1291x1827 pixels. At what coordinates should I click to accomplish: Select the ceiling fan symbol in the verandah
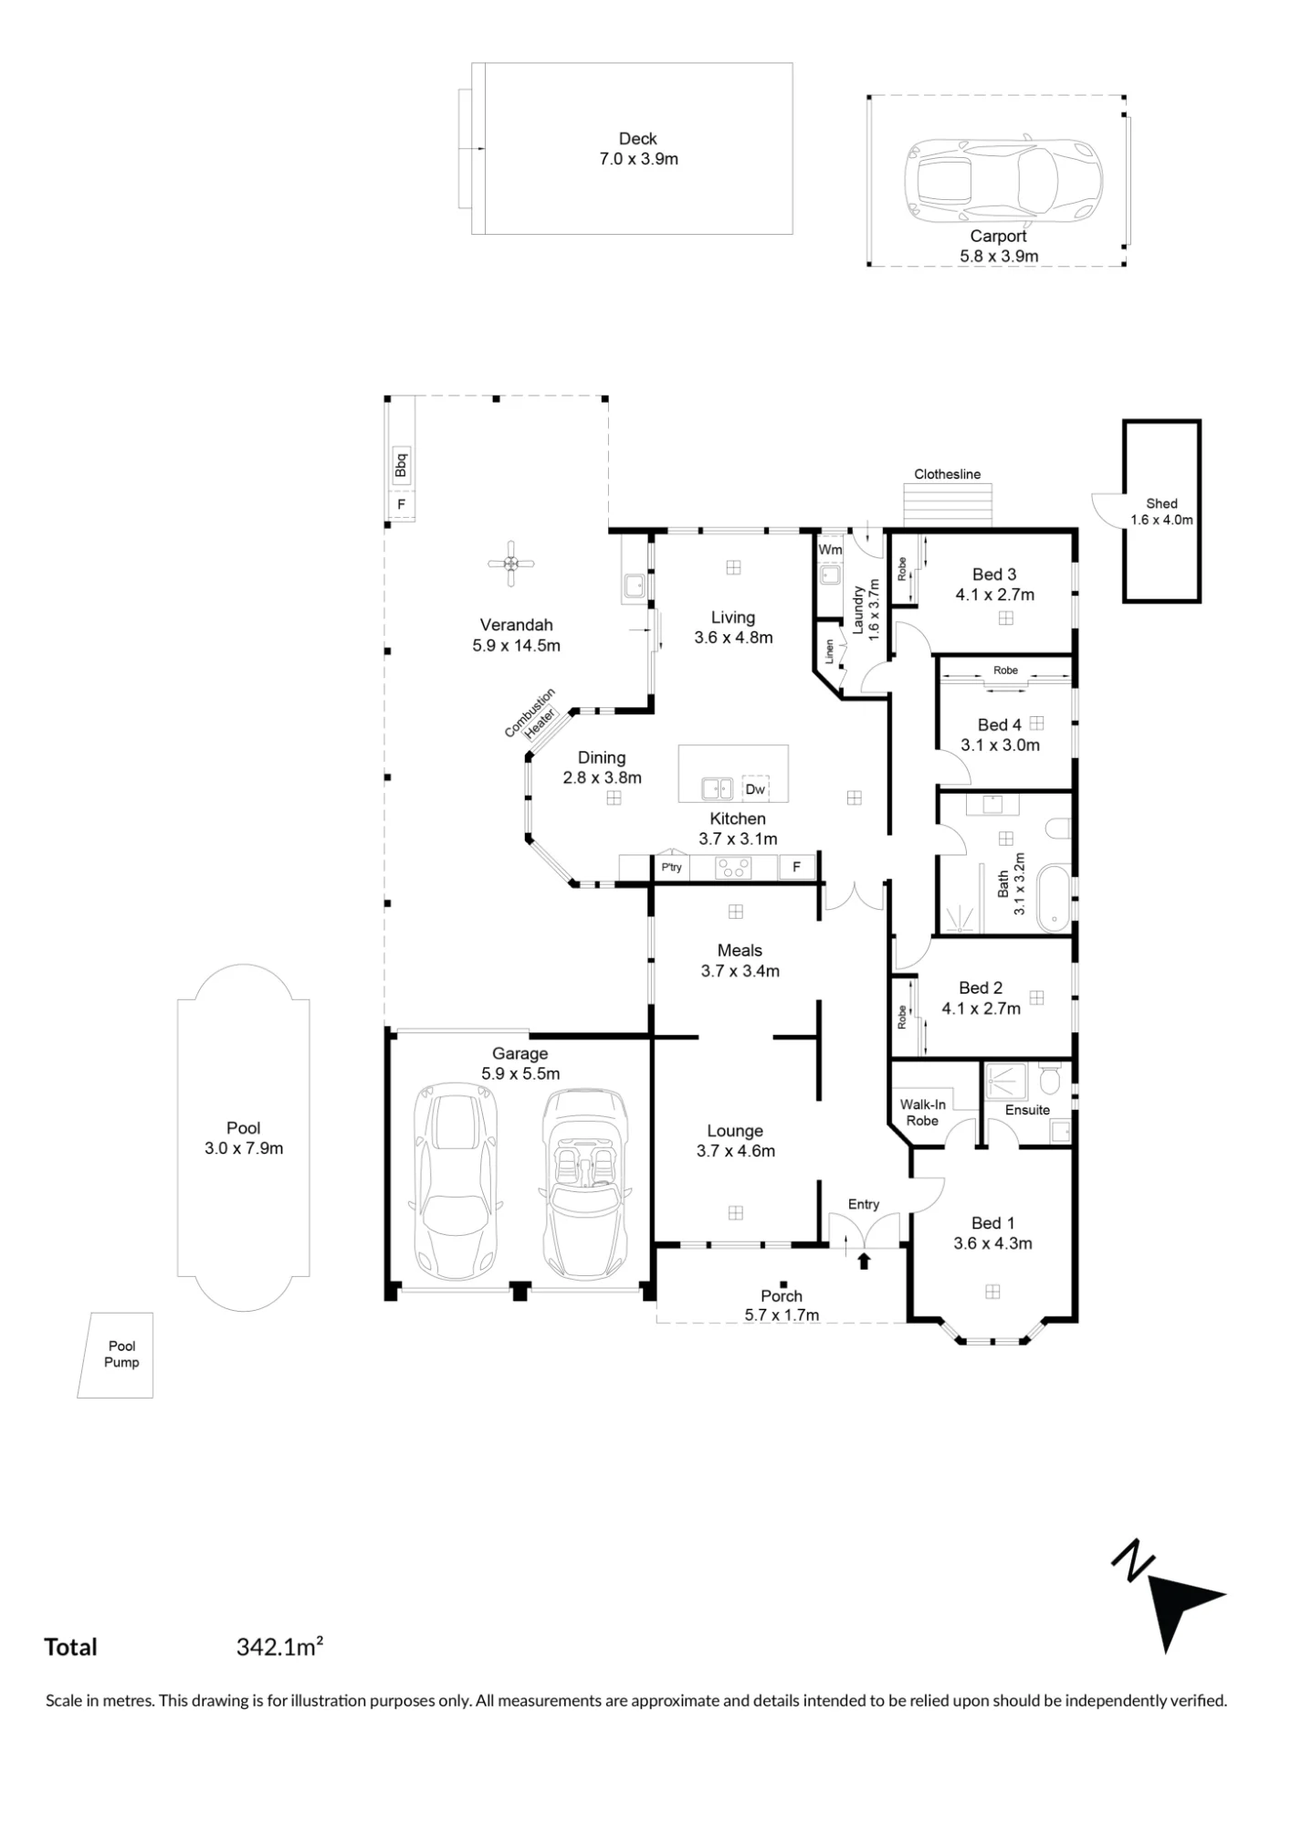pos(511,564)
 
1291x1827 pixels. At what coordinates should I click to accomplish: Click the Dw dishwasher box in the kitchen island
pos(755,788)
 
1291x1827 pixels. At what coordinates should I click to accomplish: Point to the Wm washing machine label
pos(830,549)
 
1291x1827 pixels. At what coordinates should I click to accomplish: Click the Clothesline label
pos(948,474)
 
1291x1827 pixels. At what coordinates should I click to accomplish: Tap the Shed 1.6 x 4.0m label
pos(1161,512)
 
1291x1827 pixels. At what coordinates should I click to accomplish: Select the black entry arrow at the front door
pos(864,1261)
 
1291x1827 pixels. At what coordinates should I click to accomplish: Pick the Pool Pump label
pos(121,1354)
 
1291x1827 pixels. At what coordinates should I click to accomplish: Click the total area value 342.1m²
pos(279,1647)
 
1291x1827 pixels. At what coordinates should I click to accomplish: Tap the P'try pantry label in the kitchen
pos(672,867)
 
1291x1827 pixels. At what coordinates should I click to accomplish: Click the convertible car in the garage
pos(584,1184)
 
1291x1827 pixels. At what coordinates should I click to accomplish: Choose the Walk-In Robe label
pos(922,1113)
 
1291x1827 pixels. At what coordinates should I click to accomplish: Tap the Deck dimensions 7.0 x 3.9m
pos(638,159)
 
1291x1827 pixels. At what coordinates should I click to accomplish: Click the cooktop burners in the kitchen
pos(733,867)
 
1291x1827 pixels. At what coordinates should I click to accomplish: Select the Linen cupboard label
pos(829,650)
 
